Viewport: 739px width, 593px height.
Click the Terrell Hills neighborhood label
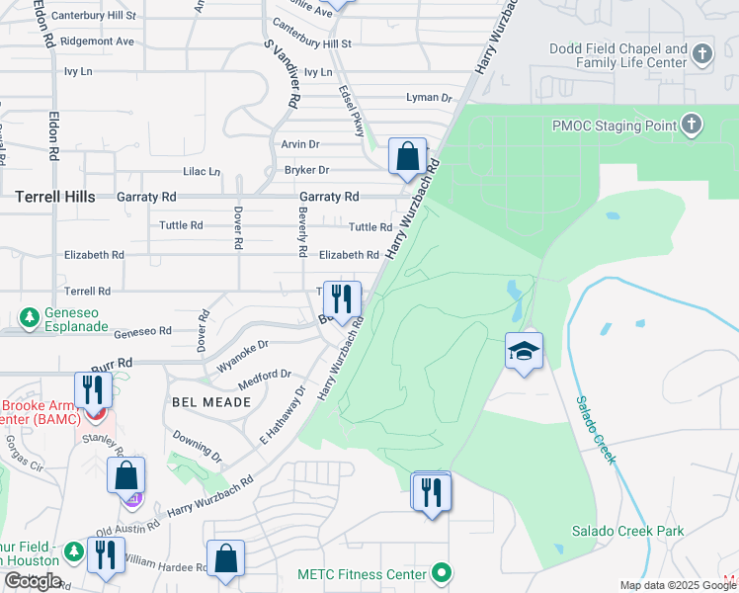(x=55, y=197)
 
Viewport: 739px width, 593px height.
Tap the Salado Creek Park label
(x=627, y=531)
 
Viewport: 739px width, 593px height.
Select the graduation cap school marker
(x=524, y=351)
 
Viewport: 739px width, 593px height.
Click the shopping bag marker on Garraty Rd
(x=407, y=156)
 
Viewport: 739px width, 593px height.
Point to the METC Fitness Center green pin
(x=443, y=573)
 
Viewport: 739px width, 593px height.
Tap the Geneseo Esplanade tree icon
(x=30, y=318)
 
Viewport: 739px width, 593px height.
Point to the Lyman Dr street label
(x=429, y=98)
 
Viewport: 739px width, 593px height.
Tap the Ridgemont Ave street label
(x=97, y=42)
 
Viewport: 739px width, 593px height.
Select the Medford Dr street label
(x=265, y=375)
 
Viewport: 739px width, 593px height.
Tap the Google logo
(x=33, y=581)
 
